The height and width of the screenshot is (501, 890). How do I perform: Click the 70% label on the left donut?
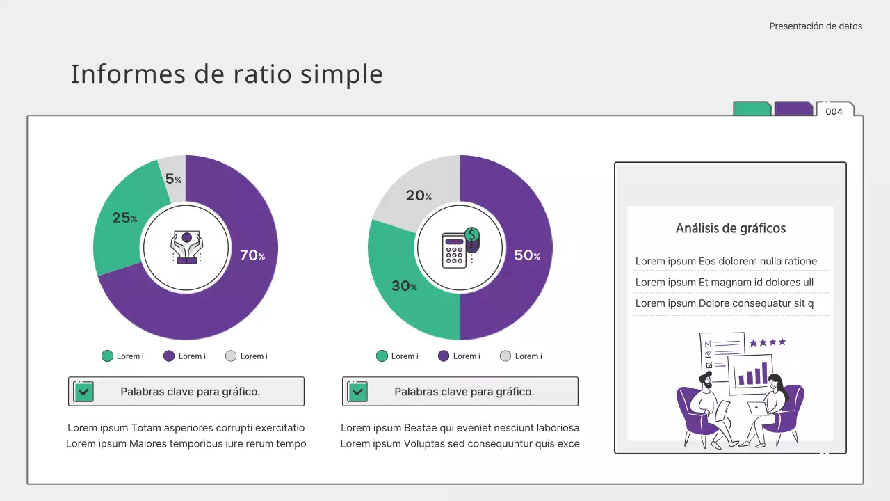(252, 255)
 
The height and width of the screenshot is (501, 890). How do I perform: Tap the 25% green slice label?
(124, 218)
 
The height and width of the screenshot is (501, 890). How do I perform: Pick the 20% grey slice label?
(419, 196)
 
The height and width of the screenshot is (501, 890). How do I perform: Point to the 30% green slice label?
(404, 285)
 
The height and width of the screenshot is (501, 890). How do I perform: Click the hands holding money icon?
(186, 247)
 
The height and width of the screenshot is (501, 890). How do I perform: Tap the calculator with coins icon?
(460, 247)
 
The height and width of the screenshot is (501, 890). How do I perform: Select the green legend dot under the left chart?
(107, 356)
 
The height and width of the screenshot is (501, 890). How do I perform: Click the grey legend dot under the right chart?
(506, 356)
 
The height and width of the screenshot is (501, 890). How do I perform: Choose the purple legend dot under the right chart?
(444, 356)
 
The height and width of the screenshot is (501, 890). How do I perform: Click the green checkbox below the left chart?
(83, 392)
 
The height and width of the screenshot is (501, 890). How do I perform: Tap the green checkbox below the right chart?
(357, 392)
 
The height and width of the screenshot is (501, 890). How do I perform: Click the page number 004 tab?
(834, 111)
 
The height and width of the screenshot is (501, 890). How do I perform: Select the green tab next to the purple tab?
(752, 109)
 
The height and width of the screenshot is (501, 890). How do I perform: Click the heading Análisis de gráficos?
(730, 228)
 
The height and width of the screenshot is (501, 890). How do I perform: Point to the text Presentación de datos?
(815, 26)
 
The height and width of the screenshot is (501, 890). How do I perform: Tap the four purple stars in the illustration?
(768, 342)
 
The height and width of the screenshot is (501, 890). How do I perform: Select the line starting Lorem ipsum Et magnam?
(724, 283)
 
